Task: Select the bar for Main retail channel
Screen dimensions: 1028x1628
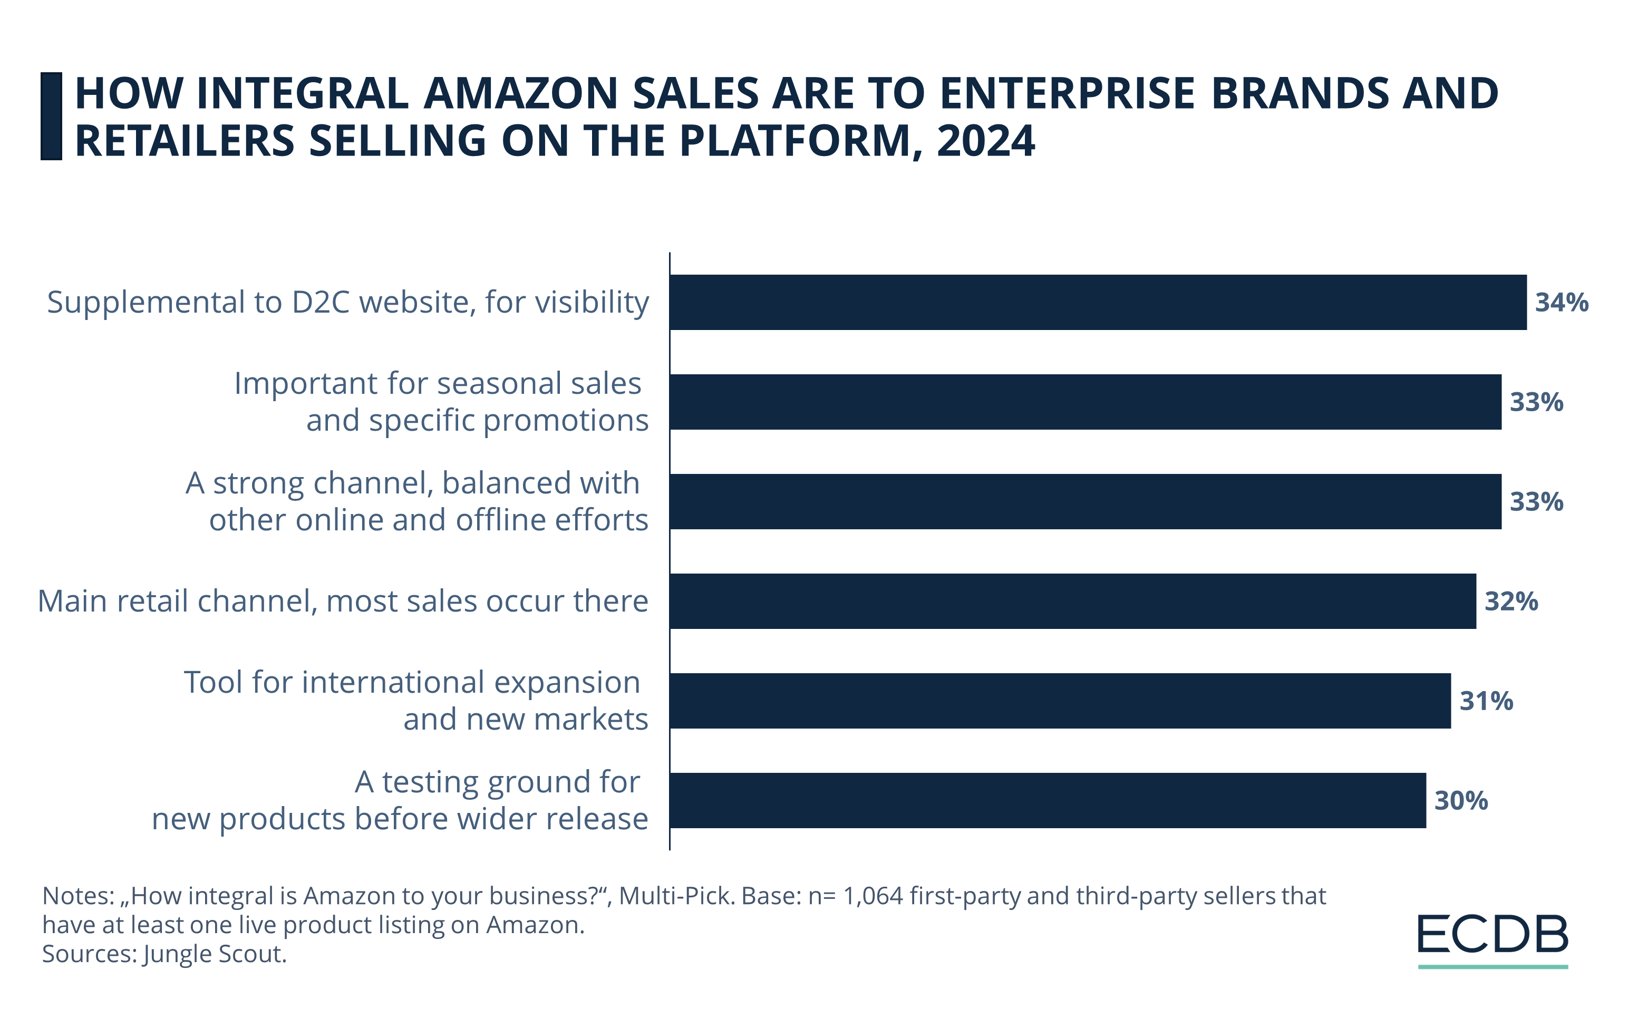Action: pyautogui.click(x=1072, y=601)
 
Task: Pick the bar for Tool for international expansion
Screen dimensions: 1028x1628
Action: pyautogui.click(x=1060, y=701)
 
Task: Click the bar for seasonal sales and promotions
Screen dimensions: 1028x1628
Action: pyautogui.click(x=1085, y=402)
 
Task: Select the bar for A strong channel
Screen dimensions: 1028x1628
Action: pyautogui.click(x=1085, y=501)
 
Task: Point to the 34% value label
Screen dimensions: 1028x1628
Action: pyautogui.click(x=1561, y=302)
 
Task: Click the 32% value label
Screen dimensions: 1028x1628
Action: pyautogui.click(x=1511, y=601)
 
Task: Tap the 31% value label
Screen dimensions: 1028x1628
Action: pyautogui.click(x=1486, y=701)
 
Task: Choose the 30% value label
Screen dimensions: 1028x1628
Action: pyautogui.click(x=1461, y=800)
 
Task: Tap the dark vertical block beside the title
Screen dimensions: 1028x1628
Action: pyautogui.click(x=51, y=117)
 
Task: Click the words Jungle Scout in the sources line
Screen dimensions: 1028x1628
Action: pyautogui.click(x=215, y=954)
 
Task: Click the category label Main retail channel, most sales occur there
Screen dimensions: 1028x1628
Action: pyautogui.click(x=343, y=601)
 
